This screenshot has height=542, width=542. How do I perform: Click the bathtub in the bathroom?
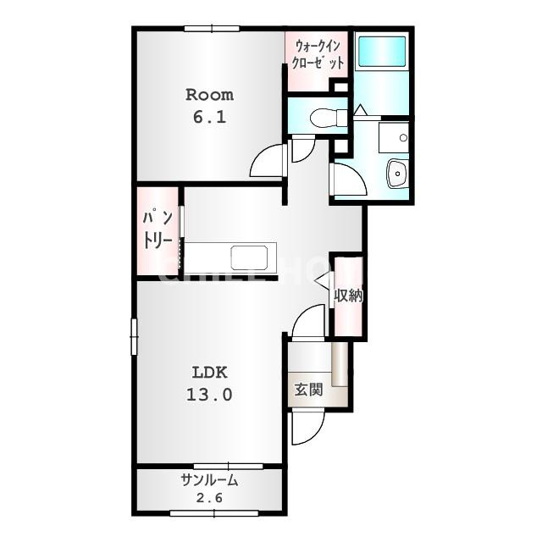click(382, 51)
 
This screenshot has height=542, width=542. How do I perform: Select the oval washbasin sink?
click(396, 173)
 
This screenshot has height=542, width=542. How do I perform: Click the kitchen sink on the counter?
click(249, 257)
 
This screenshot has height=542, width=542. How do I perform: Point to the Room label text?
click(209, 95)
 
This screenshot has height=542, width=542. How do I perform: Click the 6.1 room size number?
click(209, 118)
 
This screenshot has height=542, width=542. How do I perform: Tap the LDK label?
click(209, 373)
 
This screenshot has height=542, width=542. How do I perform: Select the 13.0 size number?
click(209, 395)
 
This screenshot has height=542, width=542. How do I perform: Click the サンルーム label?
click(209, 480)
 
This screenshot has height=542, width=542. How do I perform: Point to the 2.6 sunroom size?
click(209, 498)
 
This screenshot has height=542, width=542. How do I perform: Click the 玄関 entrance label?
click(308, 390)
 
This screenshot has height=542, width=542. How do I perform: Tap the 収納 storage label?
click(348, 296)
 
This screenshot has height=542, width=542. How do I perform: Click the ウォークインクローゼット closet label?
click(318, 55)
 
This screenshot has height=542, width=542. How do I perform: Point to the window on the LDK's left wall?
click(134, 336)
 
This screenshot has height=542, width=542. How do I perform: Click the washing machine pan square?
click(394, 137)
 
